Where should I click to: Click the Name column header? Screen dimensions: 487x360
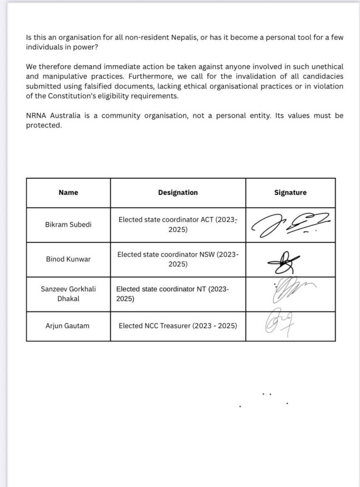[x=68, y=193]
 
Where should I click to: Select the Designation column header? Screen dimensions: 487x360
[x=178, y=193]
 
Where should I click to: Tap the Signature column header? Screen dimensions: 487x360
[x=290, y=193]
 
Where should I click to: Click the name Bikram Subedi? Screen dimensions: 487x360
[x=68, y=224]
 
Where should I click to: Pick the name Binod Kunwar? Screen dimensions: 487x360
[x=68, y=259]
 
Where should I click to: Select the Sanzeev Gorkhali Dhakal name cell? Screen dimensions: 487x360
[x=68, y=294]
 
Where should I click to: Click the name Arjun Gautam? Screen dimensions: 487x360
[x=68, y=326]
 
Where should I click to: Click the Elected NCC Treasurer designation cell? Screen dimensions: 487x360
[x=178, y=326]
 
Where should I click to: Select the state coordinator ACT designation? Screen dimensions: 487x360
[x=178, y=224]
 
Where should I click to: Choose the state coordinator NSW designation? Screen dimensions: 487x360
[x=178, y=259]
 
